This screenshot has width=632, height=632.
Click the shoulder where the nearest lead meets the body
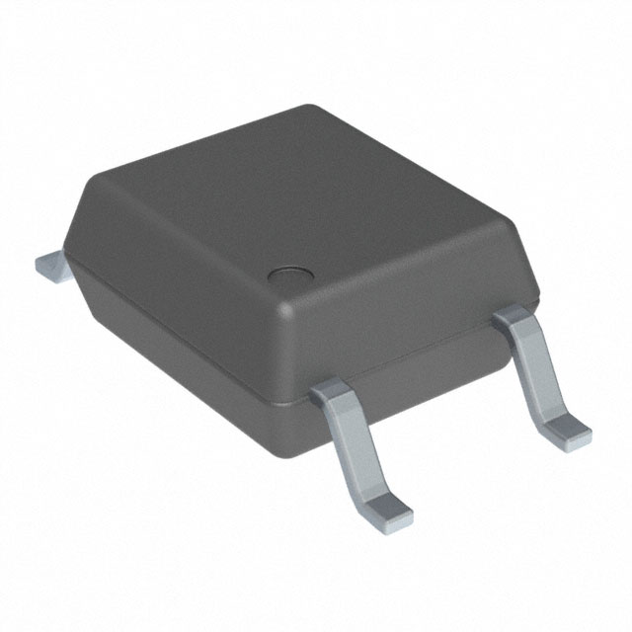[x=333, y=393]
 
